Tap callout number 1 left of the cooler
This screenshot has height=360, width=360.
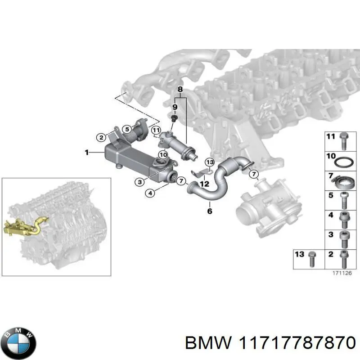87,153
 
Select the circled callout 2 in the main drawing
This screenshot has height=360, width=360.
102,137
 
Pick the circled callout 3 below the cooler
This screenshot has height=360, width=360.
140,182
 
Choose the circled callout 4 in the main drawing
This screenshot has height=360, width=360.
150,193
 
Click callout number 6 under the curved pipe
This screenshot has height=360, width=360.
209,211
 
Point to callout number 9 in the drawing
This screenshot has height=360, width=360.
175,107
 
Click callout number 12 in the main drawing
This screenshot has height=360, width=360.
205,184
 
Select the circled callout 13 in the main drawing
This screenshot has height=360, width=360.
209,162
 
